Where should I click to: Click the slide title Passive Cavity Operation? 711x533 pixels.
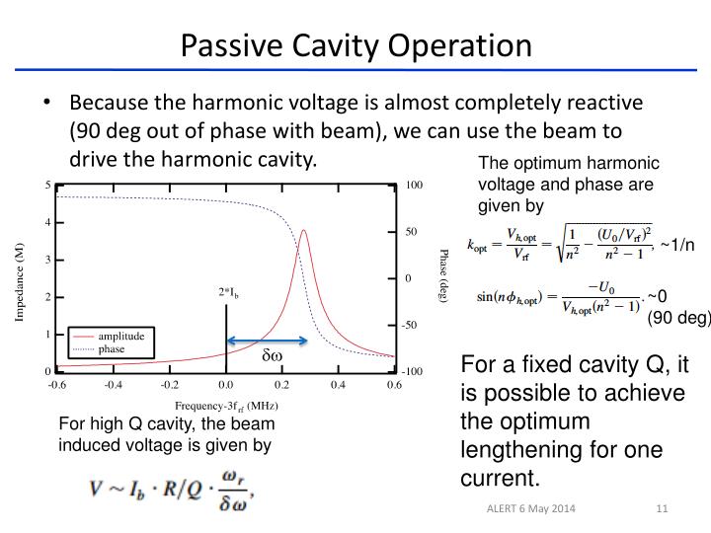click(x=355, y=45)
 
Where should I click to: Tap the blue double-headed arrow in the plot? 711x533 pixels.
click(x=267, y=342)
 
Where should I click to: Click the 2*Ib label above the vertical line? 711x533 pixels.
click(x=229, y=293)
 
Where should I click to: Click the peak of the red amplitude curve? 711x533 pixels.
click(x=305, y=231)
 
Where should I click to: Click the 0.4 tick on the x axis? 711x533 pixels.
click(x=338, y=385)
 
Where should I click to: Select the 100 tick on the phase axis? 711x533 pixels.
click(x=414, y=185)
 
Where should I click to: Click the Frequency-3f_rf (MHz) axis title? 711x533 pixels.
click(x=225, y=405)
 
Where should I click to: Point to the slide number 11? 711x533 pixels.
click(x=663, y=508)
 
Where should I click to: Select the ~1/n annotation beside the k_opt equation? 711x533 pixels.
click(x=678, y=246)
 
